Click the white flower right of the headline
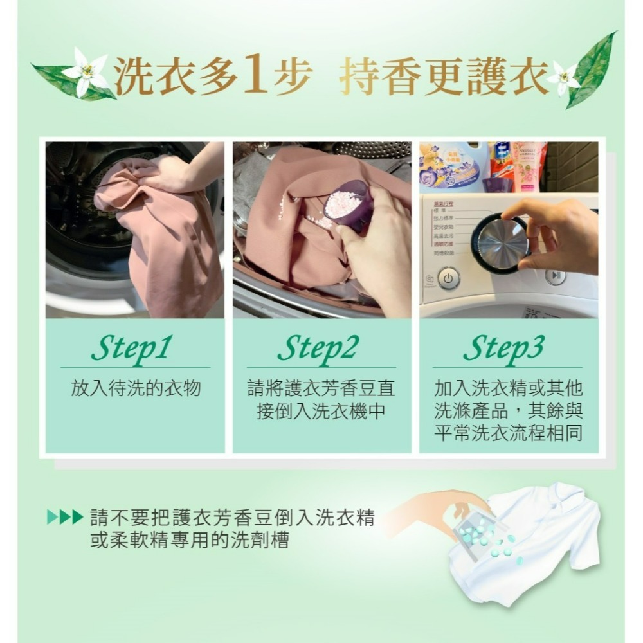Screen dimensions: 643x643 tap(564, 77)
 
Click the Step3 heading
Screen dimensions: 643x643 tap(503, 349)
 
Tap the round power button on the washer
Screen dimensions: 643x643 tap(448, 278)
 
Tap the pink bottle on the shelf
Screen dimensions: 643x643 tap(527, 166)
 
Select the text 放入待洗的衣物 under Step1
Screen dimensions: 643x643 tap(136, 388)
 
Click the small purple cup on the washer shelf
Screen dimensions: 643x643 tap(497, 185)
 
